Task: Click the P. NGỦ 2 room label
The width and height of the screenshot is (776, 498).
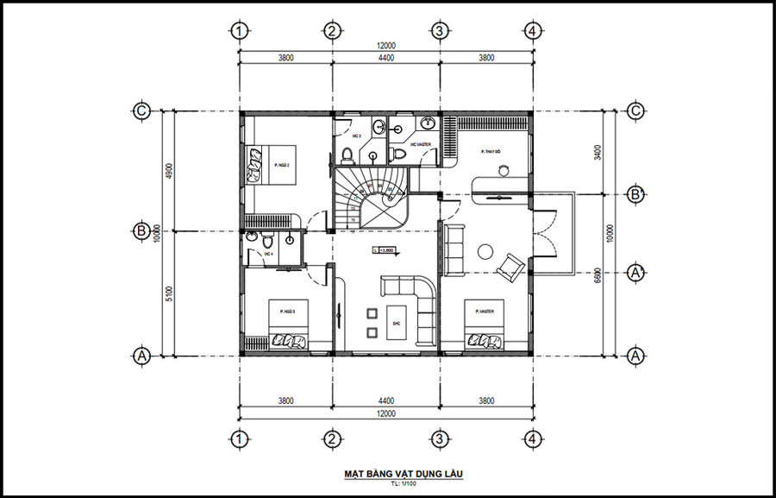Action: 281,163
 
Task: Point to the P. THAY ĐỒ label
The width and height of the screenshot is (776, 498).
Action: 492,152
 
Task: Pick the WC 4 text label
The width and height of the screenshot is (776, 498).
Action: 268,255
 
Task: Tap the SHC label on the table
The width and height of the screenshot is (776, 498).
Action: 396,325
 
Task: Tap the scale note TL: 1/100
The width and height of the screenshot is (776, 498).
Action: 387,485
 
